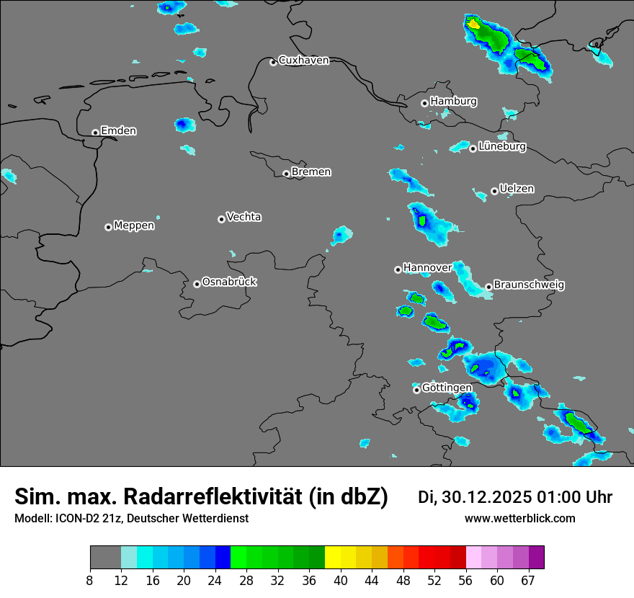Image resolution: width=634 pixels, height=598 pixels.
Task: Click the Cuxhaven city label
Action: point(303,61)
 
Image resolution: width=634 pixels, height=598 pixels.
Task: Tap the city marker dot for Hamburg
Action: point(424,103)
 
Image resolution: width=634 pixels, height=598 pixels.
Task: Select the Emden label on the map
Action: point(118,131)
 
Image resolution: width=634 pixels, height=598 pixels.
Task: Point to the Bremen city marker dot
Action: point(286,174)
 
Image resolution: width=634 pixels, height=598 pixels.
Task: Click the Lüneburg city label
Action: point(502,146)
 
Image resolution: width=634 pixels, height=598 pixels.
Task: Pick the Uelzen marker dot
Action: point(494,191)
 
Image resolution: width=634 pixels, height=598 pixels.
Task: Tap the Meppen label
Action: point(134,226)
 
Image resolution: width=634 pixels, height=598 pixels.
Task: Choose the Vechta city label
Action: point(244,217)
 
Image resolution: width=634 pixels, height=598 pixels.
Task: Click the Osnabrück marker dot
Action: point(197,284)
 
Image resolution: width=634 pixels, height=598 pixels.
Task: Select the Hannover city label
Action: point(427,268)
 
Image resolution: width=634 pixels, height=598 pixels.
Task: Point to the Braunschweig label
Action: point(529,285)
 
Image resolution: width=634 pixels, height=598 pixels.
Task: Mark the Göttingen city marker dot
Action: point(416,390)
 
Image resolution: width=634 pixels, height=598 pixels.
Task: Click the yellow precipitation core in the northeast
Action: point(473,24)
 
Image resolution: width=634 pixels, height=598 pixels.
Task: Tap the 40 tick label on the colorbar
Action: point(341,581)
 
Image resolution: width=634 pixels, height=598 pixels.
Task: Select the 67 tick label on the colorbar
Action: point(528,581)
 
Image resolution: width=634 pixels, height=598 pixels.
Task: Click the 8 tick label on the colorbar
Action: point(91,581)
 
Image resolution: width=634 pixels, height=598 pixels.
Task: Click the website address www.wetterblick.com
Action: point(520,519)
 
